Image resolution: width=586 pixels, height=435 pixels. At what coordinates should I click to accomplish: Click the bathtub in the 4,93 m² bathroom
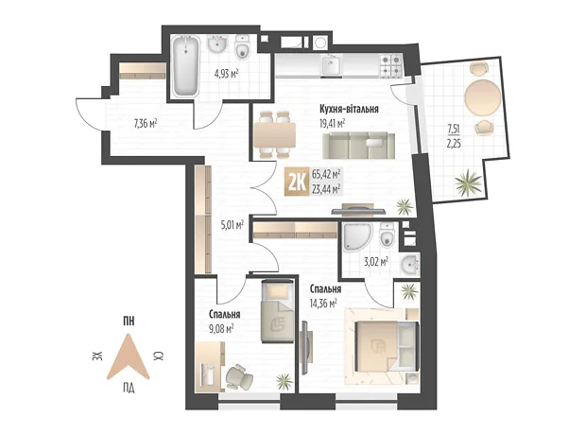point(185,66)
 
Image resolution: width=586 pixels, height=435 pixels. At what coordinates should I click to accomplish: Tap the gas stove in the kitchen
point(391,65)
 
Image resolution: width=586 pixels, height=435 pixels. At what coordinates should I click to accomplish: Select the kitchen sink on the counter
point(332,65)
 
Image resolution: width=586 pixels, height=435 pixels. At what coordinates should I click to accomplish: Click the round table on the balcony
point(483,96)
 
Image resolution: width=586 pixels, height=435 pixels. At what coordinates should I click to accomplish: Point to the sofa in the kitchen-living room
point(358,146)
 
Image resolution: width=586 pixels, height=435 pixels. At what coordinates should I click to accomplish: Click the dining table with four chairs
point(275,134)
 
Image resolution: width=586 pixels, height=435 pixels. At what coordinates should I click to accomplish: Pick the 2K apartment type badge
point(297,182)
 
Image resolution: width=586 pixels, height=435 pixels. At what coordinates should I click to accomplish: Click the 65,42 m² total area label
point(326,174)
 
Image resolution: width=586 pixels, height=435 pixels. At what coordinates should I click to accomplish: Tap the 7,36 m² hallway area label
point(146,123)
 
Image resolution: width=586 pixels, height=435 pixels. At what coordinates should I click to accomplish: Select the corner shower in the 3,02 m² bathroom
point(356,236)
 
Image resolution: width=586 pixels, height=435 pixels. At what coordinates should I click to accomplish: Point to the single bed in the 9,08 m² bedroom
point(277,310)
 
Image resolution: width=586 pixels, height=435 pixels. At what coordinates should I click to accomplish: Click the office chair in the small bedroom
point(239,377)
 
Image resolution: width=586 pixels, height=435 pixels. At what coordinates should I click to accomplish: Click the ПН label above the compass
point(129,321)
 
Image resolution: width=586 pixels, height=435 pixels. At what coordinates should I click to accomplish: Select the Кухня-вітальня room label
point(349,109)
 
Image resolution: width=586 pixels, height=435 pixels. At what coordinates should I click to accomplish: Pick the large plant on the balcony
point(468,183)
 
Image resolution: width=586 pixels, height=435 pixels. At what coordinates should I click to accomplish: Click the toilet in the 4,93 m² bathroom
point(243,46)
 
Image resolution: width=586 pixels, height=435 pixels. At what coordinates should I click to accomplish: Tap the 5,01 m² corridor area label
point(233,225)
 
